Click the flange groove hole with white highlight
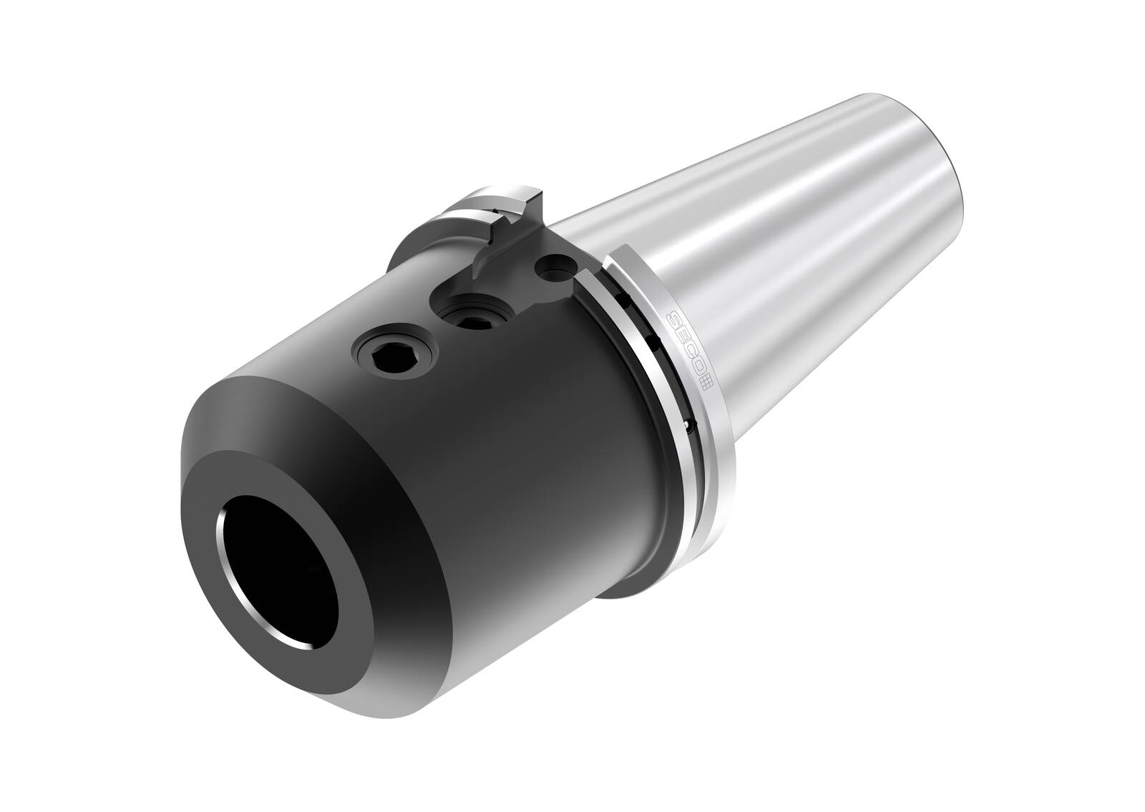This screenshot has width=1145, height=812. tap(686, 426)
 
